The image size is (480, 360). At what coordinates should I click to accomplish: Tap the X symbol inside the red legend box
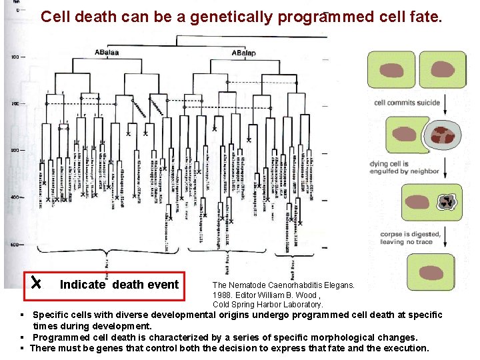click(41, 285)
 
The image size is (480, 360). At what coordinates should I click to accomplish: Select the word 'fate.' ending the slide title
click(424, 17)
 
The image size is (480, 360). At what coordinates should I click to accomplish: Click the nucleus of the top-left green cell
click(391, 69)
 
